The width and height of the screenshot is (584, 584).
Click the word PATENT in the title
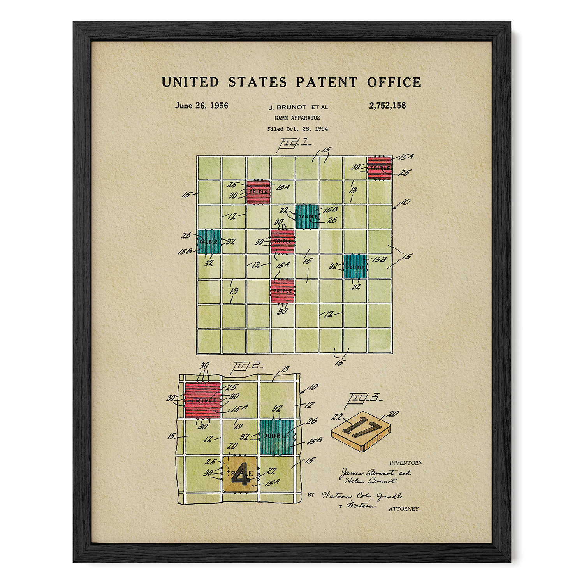[x=326, y=82]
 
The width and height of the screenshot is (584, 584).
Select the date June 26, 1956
[x=202, y=106]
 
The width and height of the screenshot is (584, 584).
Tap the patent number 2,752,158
[x=387, y=106]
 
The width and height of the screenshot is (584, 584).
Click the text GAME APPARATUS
[x=297, y=118]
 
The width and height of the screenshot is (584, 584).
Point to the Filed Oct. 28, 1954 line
[x=297, y=129]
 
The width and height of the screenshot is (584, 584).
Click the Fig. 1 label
[x=294, y=143]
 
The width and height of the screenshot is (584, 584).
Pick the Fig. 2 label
[x=247, y=367]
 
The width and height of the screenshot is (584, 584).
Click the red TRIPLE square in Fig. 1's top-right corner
[x=380, y=168]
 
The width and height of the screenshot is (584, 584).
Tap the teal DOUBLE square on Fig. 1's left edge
[x=209, y=242]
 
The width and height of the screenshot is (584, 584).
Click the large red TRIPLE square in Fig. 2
[x=203, y=400]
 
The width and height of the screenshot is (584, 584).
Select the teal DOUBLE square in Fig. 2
[x=277, y=437]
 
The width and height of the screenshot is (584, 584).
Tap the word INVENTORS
[x=405, y=463]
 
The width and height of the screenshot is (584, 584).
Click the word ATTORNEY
[x=403, y=509]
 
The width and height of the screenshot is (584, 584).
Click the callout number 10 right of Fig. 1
[x=405, y=202]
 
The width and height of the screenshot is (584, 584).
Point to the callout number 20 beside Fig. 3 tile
[x=393, y=413]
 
